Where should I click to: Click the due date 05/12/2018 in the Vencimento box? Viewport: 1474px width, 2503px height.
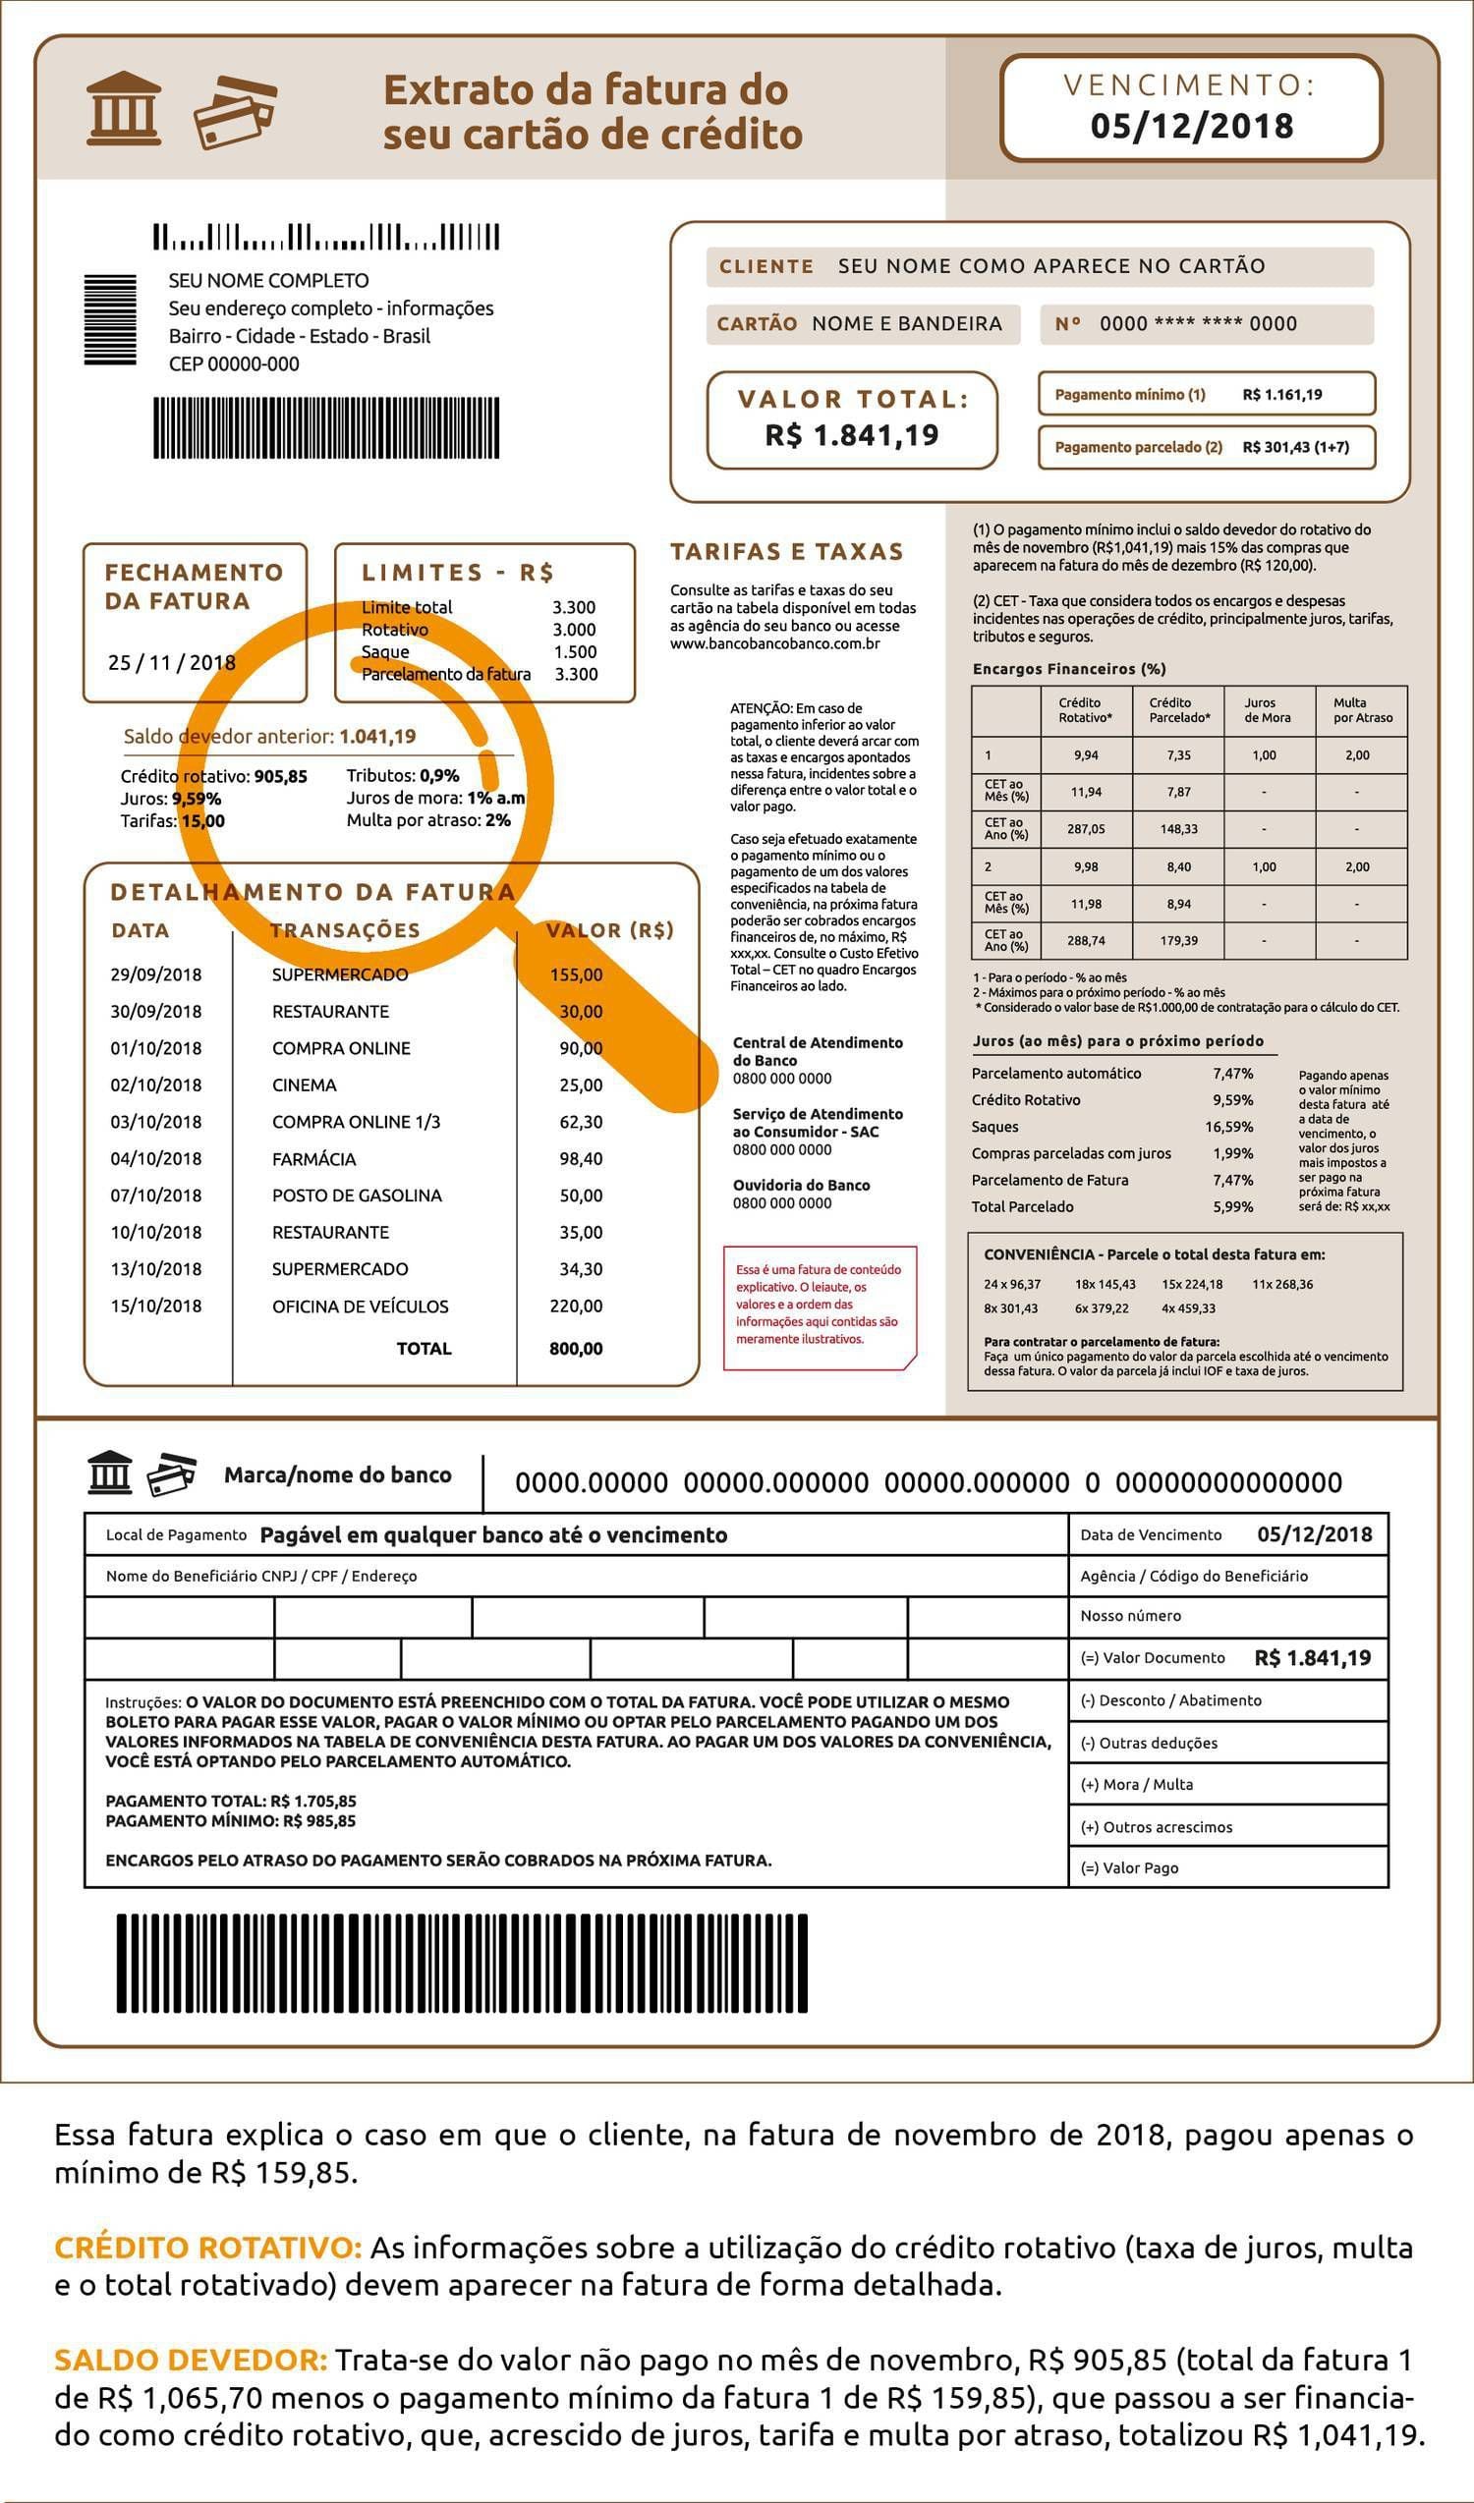coord(1191,126)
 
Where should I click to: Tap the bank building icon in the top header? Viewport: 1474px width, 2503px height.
coord(124,109)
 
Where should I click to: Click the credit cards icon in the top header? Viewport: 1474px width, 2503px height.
coord(236,111)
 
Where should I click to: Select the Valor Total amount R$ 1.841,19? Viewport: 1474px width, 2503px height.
coord(851,435)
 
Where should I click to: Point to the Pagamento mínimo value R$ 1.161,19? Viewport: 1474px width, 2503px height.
coord(1281,394)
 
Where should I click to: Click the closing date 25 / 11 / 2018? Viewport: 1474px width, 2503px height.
coord(172,662)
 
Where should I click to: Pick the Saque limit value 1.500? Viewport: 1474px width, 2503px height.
coord(575,651)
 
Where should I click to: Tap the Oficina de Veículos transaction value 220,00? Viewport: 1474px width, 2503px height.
coord(576,1307)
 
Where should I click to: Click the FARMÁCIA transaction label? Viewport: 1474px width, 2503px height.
coord(313,1159)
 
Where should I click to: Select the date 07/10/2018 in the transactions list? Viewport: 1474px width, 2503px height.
coord(156,1196)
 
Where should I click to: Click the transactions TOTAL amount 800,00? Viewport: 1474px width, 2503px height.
coord(576,1349)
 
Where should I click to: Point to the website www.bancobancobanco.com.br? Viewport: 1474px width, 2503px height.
coord(774,643)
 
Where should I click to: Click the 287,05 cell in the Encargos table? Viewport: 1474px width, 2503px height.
coord(1087,828)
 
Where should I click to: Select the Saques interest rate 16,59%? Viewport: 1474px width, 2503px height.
coord(1228,1127)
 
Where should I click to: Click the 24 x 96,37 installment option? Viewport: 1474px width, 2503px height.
coord(1012,1284)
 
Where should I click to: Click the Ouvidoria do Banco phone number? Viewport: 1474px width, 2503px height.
coord(781,1202)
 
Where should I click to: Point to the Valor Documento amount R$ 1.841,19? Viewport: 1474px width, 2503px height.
coord(1312,1658)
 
